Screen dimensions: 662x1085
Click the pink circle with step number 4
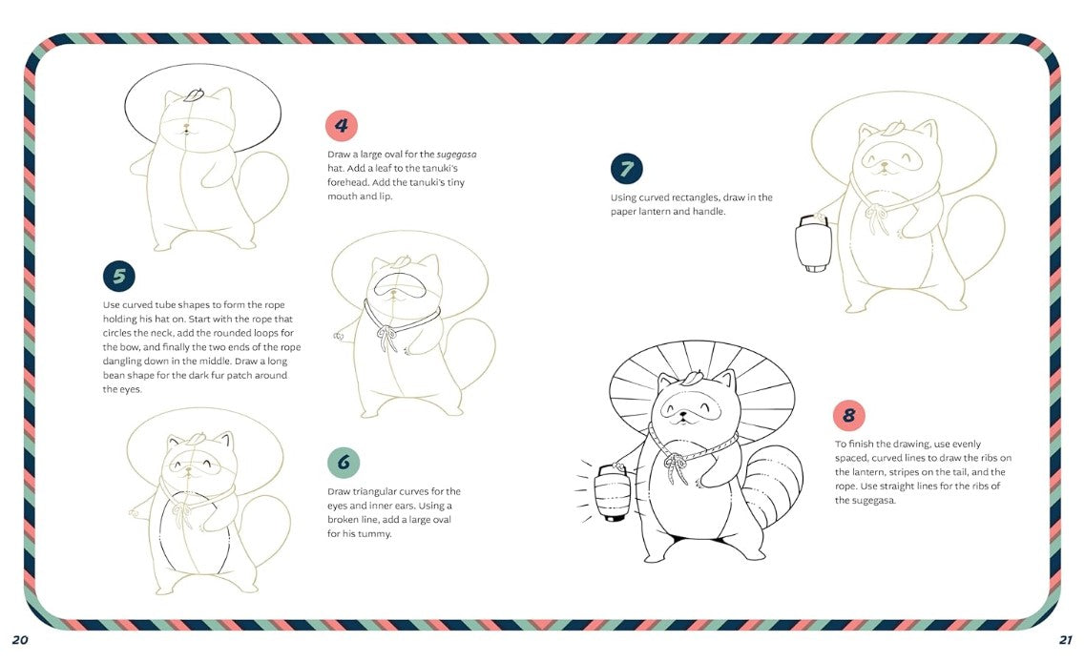(x=341, y=125)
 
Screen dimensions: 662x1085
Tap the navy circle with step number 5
(x=119, y=276)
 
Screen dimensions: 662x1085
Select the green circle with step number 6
(x=344, y=463)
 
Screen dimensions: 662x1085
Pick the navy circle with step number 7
(x=626, y=169)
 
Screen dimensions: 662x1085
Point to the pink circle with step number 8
(x=848, y=415)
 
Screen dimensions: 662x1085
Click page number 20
(x=20, y=639)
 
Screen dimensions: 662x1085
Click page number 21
(x=1066, y=639)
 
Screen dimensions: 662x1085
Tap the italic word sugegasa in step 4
(x=457, y=155)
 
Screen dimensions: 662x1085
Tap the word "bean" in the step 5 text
(x=116, y=375)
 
